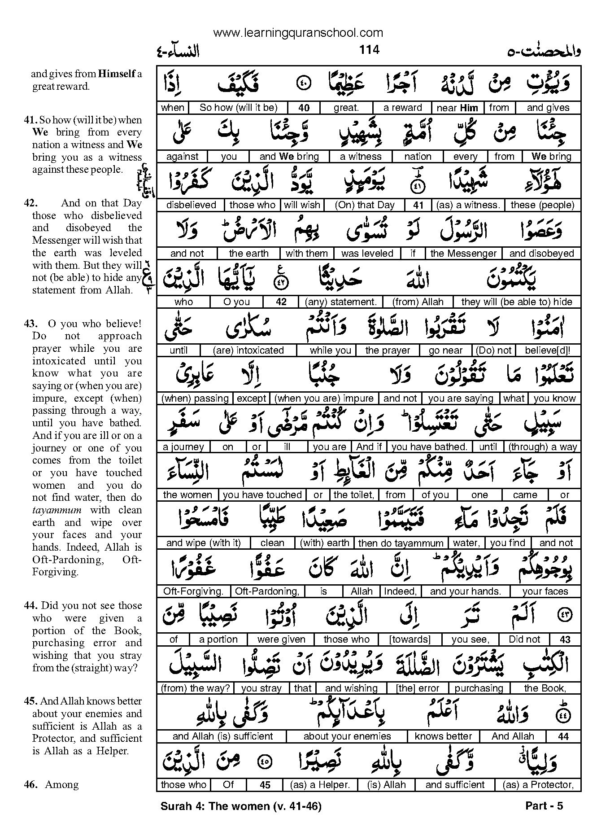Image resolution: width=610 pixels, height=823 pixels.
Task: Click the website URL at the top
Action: click(x=298, y=32)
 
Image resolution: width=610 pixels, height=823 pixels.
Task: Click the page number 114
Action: click(x=369, y=49)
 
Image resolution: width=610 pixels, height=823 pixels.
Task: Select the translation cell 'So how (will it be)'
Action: click(x=238, y=108)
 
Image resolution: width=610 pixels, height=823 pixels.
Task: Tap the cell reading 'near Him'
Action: click(x=457, y=108)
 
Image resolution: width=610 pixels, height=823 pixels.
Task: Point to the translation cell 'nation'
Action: click(x=417, y=157)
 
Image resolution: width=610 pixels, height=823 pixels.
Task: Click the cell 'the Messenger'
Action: click(x=463, y=254)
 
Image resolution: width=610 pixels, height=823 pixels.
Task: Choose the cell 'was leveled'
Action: click(x=367, y=254)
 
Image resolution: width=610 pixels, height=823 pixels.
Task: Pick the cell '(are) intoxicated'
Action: click(x=248, y=350)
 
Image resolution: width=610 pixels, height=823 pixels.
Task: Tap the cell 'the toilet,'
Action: click(x=353, y=495)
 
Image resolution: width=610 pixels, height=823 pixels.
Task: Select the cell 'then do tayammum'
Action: click(x=401, y=543)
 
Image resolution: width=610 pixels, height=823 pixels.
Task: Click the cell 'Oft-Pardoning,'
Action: click(x=267, y=591)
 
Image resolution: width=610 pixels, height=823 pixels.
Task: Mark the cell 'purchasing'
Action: click(x=479, y=688)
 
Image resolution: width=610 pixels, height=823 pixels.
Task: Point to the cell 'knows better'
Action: click(x=443, y=736)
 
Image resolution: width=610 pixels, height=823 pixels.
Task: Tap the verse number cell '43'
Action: click(x=565, y=639)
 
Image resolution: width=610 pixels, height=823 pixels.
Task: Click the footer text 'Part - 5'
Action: click(x=544, y=806)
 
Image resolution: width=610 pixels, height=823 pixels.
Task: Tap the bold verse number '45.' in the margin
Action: click(x=31, y=701)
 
